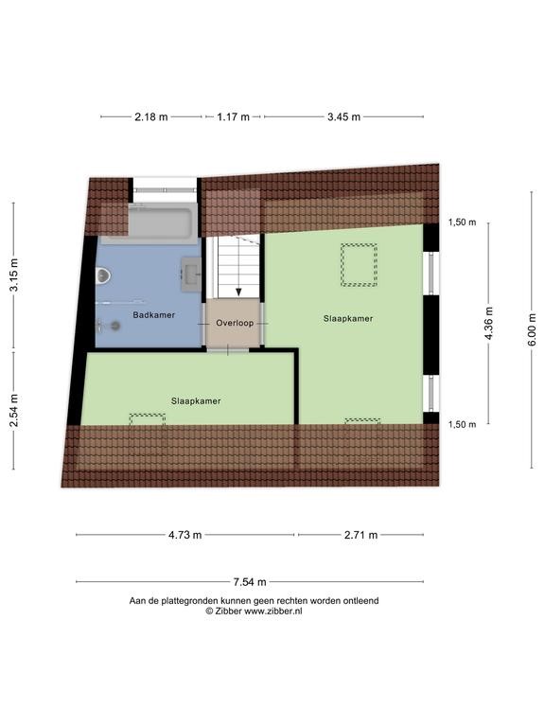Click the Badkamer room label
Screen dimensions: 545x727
pyautogui.click(x=154, y=315)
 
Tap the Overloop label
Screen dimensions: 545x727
pyautogui.click(x=235, y=323)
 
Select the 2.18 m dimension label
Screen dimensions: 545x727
pyautogui.click(x=151, y=116)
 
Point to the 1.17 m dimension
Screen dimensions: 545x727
pyautogui.click(x=233, y=116)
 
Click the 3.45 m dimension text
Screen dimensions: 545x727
pyautogui.click(x=343, y=116)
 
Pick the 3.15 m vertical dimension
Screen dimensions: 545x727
pyautogui.click(x=14, y=275)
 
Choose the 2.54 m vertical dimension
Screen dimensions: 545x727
pyautogui.click(x=14, y=410)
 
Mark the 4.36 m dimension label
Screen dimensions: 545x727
pyautogui.click(x=489, y=323)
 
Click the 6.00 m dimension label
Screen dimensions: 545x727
pyautogui.click(x=532, y=329)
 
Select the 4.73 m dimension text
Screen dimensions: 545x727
pyautogui.click(x=185, y=535)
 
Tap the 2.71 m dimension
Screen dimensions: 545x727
pyautogui.click(x=360, y=535)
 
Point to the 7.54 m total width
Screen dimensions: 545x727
pyautogui.click(x=250, y=581)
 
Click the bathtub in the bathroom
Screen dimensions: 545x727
pyautogui.click(x=160, y=222)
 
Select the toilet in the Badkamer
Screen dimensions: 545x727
pyautogui.click(x=103, y=276)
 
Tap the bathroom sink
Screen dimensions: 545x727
pyautogui.click(x=190, y=274)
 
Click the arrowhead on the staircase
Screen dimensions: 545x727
pyautogui.click(x=238, y=292)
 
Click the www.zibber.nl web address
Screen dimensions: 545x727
pyautogui.click(x=273, y=612)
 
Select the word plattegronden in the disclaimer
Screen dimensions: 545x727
pyautogui.click(x=188, y=601)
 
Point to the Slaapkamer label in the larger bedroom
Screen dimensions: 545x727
pyautogui.click(x=348, y=318)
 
